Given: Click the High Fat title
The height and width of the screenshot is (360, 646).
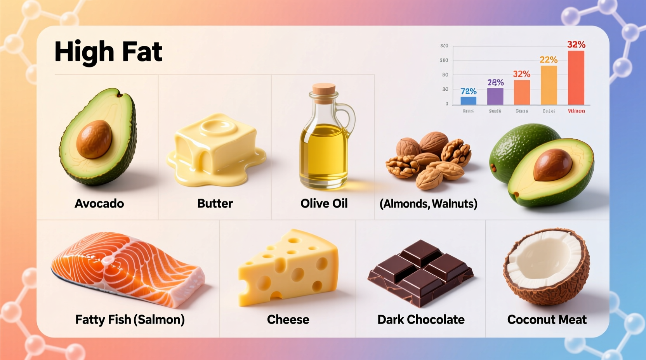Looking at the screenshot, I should click(x=108, y=52).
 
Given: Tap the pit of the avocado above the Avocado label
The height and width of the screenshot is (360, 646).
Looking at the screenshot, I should click(x=94, y=139).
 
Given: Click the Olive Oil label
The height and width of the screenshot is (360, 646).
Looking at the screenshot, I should click(x=324, y=203).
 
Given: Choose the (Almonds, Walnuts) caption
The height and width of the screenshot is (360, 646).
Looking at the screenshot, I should click(x=428, y=204).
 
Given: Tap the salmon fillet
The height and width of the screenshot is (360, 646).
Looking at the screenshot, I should click(x=128, y=268).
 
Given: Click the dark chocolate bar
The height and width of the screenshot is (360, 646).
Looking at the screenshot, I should click(x=420, y=272).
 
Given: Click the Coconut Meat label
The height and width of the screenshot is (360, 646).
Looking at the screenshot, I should click(x=547, y=320).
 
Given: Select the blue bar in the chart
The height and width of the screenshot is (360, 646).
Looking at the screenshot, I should click(x=468, y=100).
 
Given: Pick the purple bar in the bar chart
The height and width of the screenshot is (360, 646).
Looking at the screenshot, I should click(x=495, y=96).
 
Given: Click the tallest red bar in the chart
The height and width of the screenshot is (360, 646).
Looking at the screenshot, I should click(x=576, y=78).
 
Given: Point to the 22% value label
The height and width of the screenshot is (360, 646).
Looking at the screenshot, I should click(x=548, y=60).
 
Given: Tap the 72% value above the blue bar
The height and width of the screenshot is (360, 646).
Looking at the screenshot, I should click(x=468, y=91).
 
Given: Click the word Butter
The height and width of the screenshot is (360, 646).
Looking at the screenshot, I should click(x=215, y=203).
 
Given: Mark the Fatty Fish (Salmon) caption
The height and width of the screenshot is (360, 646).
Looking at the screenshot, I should click(x=130, y=320).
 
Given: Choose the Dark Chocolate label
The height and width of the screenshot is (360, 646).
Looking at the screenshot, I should click(x=421, y=320).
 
